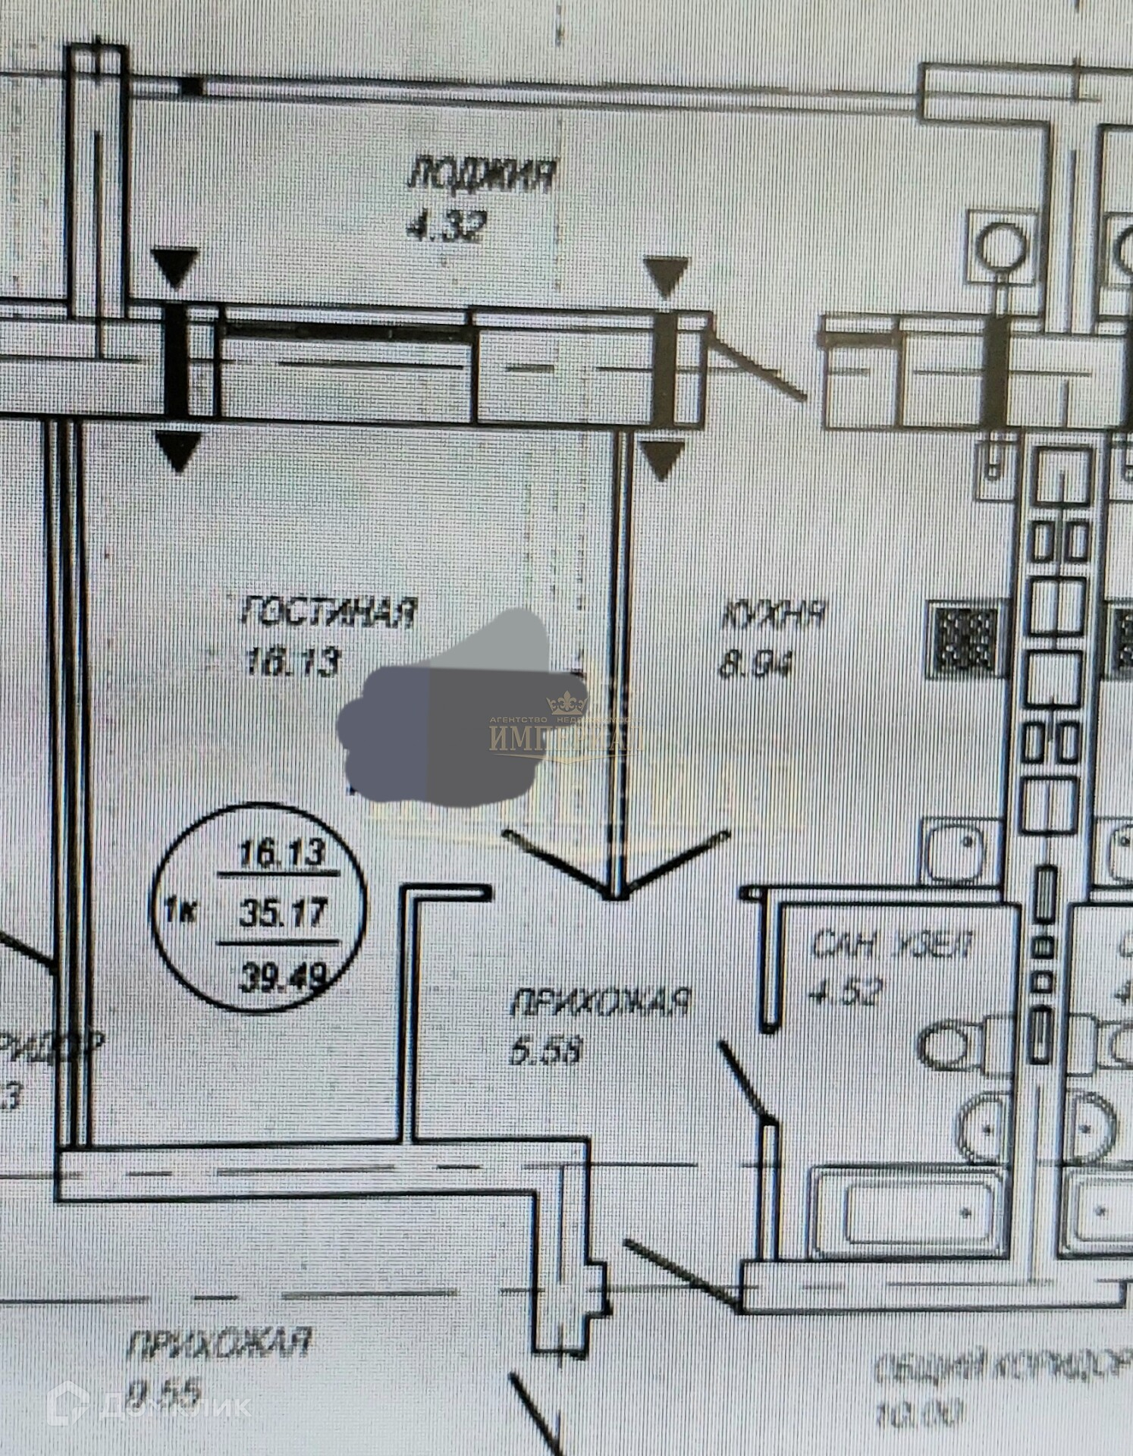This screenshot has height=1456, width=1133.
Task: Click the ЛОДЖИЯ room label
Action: [x=482, y=175]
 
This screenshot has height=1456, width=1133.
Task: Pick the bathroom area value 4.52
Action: [x=846, y=991]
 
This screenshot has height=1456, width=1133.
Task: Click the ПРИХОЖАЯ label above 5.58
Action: [x=599, y=1002]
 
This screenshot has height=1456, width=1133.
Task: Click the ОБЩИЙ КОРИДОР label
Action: [x=1001, y=1366]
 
